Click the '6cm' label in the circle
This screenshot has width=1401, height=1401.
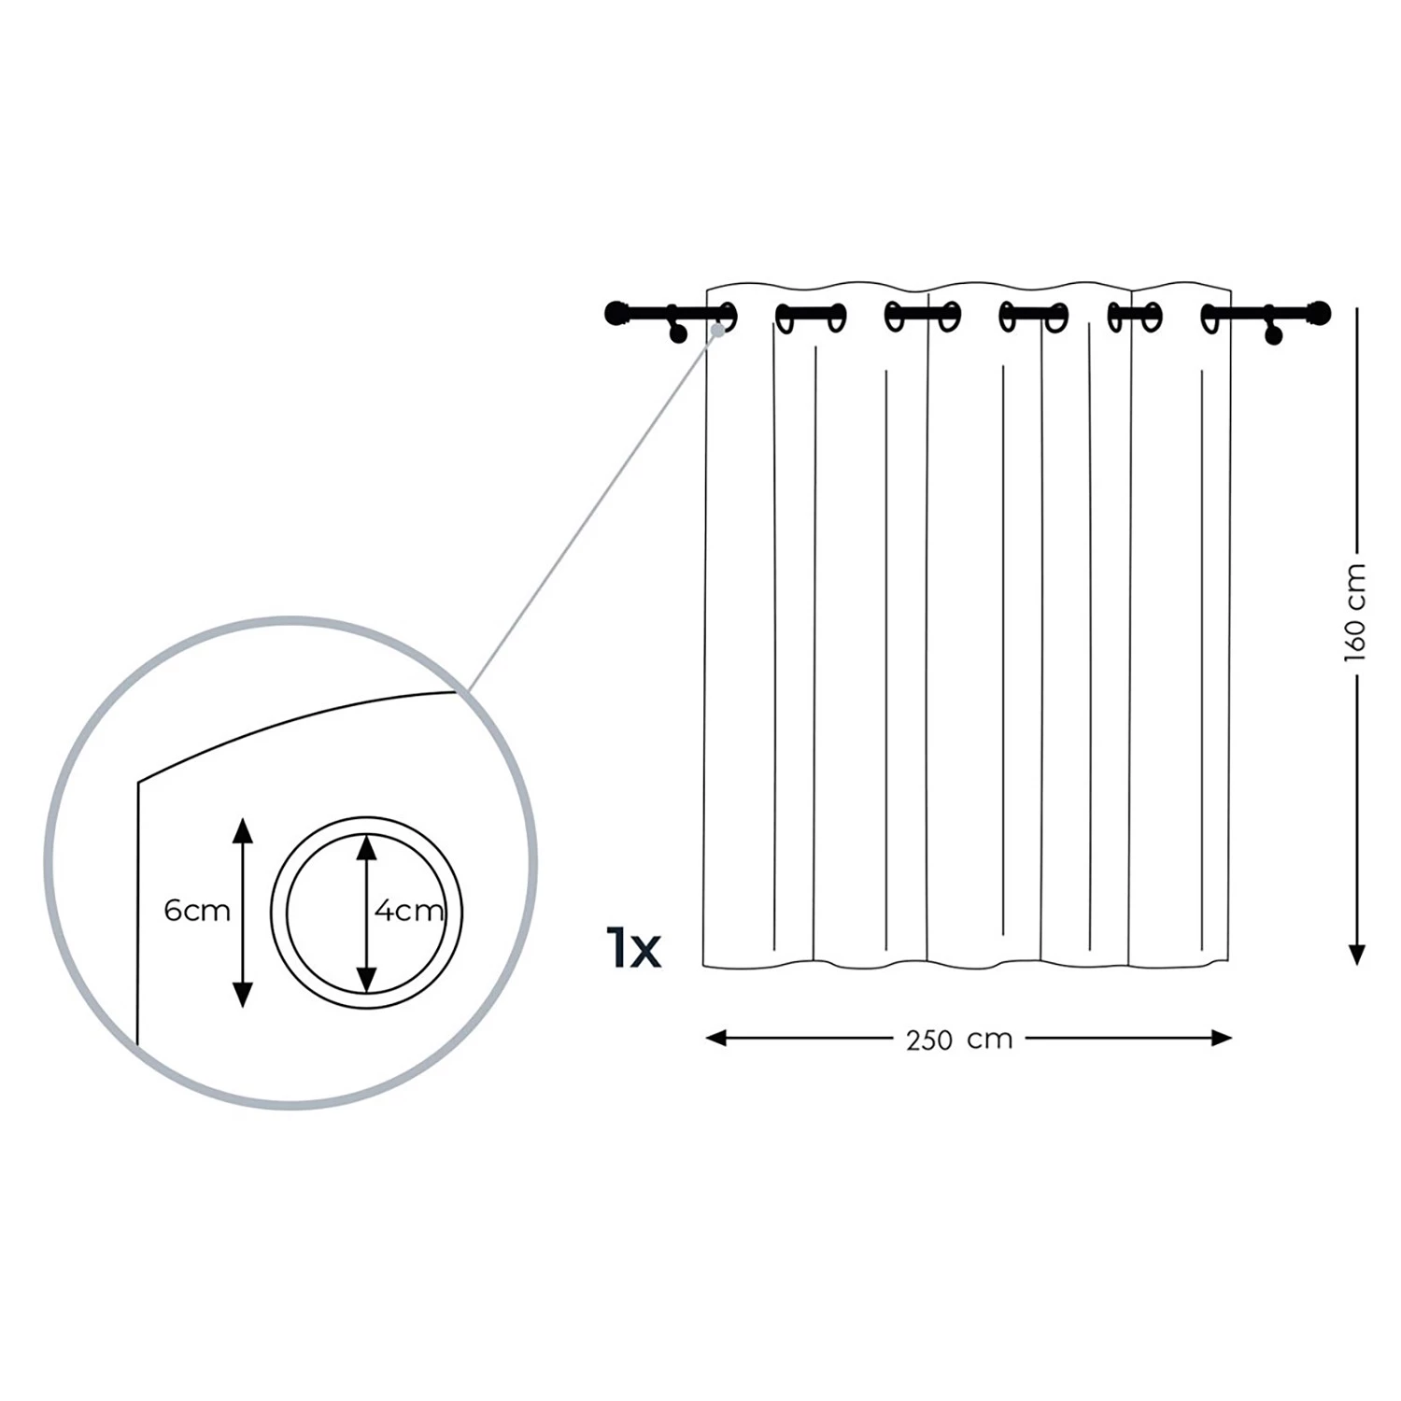pos(197,911)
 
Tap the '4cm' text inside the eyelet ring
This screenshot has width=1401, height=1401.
pos(409,911)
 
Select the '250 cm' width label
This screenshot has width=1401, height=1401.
pos(959,1040)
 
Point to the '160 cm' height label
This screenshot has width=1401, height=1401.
pos(1355,613)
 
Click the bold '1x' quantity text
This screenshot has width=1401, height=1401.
pos(633,947)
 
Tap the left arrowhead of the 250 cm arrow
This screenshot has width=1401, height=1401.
pos(716,1038)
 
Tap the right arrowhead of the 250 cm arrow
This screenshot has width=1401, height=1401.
pos(1222,1038)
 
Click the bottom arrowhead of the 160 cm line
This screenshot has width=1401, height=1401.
pos(1357,955)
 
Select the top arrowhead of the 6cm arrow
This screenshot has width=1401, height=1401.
pos(243,830)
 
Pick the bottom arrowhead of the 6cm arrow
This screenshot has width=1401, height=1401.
pos(243,995)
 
